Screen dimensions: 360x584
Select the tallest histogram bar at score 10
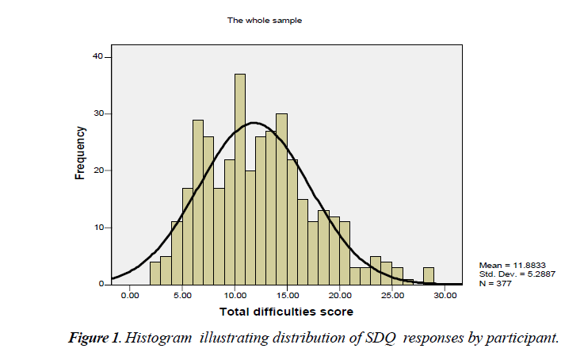(x=239, y=179)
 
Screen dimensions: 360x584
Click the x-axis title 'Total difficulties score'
(x=287, y=311)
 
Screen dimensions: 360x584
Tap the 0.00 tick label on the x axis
(x=131, y=294)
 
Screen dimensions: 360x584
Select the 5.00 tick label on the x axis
(x=183, y=294)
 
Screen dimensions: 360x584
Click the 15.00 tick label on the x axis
(x=288, y=294)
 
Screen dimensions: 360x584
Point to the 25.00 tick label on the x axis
(x=392, y=294)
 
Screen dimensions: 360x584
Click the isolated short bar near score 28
(x=428, y=276)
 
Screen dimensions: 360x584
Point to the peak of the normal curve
(x=254, y=123)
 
